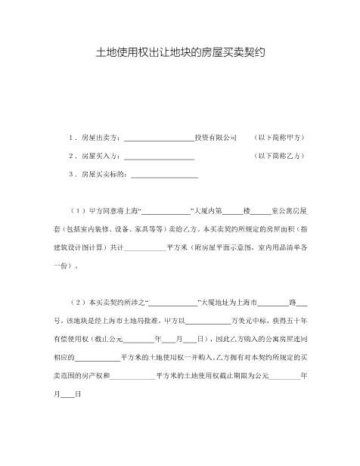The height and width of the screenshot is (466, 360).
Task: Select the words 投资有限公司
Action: pyautogui.click(x=216, y=138)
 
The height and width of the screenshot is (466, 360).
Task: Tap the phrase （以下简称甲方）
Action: pyautogui.click(x=280, y=138)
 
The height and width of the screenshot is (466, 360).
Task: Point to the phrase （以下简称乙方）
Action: pyautogui.click(x=280, y=156)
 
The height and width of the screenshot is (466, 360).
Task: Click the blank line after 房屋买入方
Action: pyautogui.click(x=158, y=157)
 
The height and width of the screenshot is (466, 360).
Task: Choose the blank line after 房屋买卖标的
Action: pyautogui.click(x=164, y=176)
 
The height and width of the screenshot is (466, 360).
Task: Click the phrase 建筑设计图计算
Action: pyautogui.click(x=79, y=247)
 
